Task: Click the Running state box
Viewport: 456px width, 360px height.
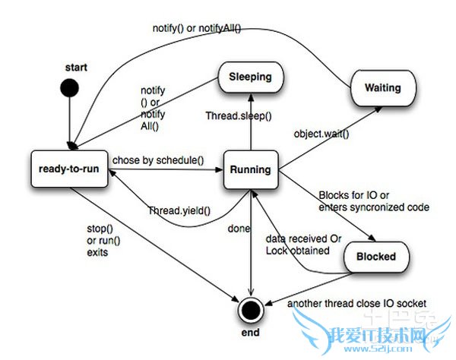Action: point(250,169)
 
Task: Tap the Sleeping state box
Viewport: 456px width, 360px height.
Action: point(250,77)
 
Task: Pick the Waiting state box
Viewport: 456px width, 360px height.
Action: point(383,87)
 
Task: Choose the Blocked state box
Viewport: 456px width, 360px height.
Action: point(376,256)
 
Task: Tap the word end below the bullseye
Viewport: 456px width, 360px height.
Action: point(250,333)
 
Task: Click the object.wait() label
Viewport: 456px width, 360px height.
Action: point(321,134)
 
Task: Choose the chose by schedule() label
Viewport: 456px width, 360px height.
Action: point(157,160)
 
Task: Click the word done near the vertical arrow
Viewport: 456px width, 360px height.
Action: point(238,226)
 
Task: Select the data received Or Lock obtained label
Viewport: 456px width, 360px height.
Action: point(298,244)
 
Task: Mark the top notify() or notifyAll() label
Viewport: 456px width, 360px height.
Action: point(194,28)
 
